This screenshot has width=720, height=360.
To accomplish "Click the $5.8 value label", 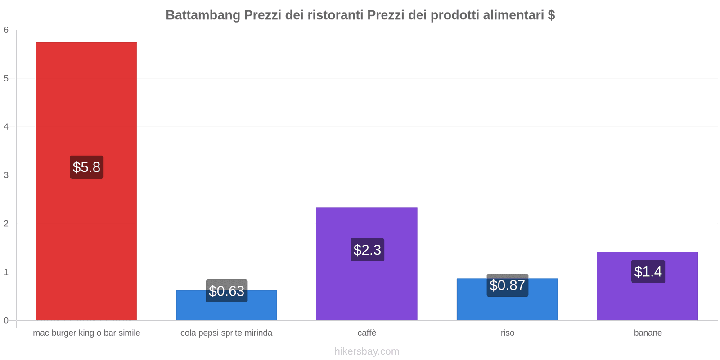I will pyautogui.click(x=86, y=167).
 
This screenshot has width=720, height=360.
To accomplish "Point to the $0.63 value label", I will pyautogui.click(x=227, y=291).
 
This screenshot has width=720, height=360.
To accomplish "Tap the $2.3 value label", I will pyautogui.click(x=367, y=250).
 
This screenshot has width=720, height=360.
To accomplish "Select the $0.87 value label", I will pyautogui.click(x=508, y=285).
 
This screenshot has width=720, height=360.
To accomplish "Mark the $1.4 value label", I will pyautogui.click(x=648, y=272).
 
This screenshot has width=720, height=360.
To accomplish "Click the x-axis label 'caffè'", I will pyautogui.click(x=367, y=333).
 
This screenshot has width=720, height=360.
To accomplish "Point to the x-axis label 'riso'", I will pyautogui.click(x=508, y=333).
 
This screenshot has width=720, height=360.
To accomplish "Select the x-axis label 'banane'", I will pyautogui.click(x=648, y=333).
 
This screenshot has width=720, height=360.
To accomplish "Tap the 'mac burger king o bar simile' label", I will pyautogui.click(x=86, y=333).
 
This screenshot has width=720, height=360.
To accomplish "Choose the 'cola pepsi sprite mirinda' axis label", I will pyautogui.click(x=226, y=333).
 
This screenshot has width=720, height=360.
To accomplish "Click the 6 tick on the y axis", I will pyautogui.click(x=6, y=30).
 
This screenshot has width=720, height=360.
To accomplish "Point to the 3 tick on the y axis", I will pyautogui.click(x=6, y=175).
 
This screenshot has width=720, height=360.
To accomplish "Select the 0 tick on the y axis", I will pyautogui.click(x=6, y=320).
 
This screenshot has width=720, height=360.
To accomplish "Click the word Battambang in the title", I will pyautogui.click(x=203, y=15).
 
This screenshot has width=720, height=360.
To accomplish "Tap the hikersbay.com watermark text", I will pyautogui.click(x=367, y=351).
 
